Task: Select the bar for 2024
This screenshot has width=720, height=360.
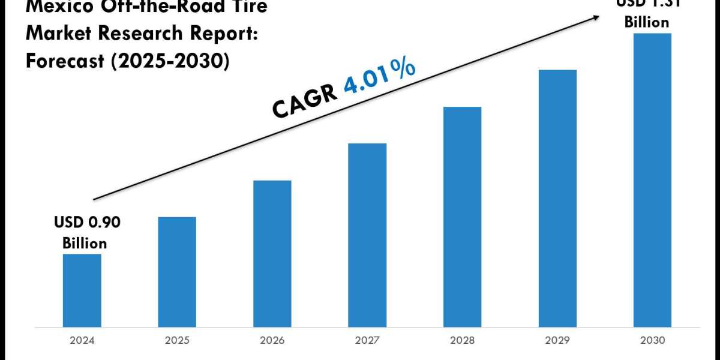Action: (82, 290)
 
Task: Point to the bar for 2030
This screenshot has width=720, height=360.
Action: (652, 180)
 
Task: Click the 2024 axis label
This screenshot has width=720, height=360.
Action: (82, 340)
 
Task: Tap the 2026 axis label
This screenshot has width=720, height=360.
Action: (272, 340)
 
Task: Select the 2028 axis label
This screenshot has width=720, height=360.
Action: (462, 340)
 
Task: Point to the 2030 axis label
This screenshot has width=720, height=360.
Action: (652, 340)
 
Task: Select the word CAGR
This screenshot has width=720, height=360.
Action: (305, 101)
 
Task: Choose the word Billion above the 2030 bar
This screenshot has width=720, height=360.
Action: (646, 22)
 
